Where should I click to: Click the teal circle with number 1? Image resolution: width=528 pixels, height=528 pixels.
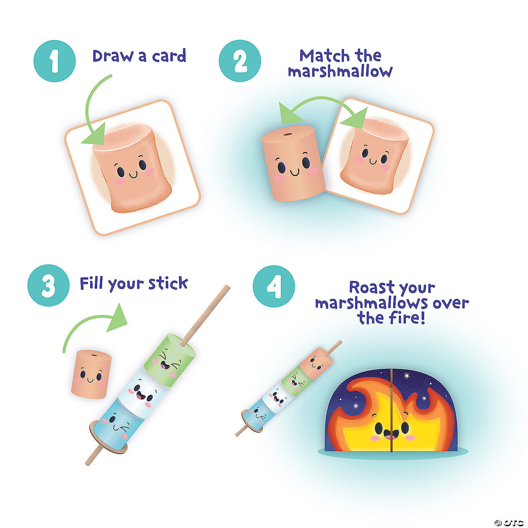coord(54,61)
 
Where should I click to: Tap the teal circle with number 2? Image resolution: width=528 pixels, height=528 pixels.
coord(240,61)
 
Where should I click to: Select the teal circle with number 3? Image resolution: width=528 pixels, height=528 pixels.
coord(48,285)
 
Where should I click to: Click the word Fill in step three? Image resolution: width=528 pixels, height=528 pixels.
coord(92,284)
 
